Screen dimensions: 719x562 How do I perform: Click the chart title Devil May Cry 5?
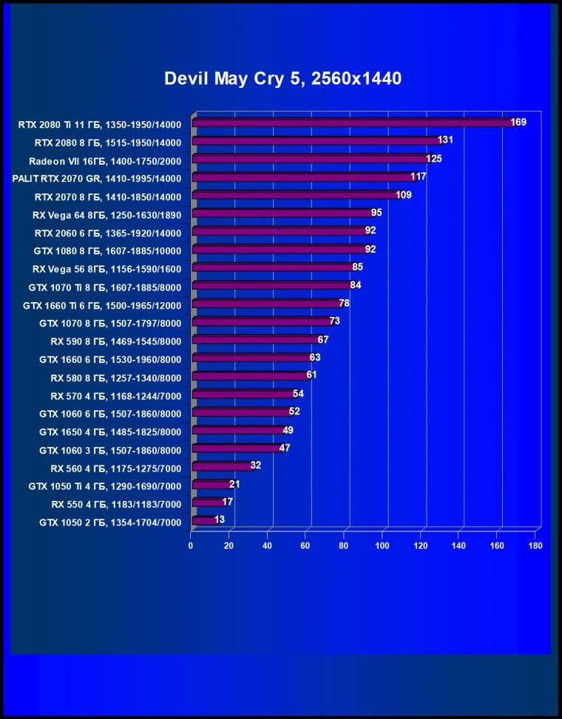pyautogui.click(x=282, y=78)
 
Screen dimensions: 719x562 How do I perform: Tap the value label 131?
pyautogui.click(x=445, y=140)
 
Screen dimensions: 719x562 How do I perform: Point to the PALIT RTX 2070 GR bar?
pyautogui.click(x=304, y=177)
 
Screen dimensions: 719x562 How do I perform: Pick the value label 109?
pyautogui.click(x=403, y=195)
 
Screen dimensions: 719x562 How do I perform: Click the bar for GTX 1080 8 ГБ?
pyautogui.click(x=280, y=250)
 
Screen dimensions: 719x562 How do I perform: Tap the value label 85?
pyautogui.click(x=357, y=267)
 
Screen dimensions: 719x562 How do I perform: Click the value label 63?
pyautogui.click(x=315, y=358)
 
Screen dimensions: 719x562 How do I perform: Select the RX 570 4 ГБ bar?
pyautogui.click(x=243, y=394)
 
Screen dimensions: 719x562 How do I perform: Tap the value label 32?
pyautogui.click(x=256, y=466)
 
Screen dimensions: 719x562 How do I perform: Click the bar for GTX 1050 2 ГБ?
pyautogui.click(x=204, y=520)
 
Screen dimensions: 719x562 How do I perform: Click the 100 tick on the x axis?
pyautogui.click(x=382, y=546)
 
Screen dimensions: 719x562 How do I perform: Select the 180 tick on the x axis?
pyautogui.click(x=535, y=546)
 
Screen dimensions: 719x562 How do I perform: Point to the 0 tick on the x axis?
pyautogui.click(x=191, y=546)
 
